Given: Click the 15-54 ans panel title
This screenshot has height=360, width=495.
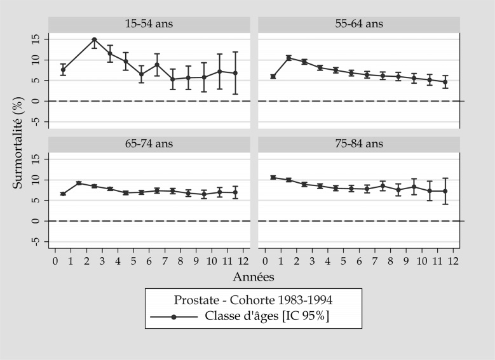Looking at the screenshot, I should click(x=149, y=24).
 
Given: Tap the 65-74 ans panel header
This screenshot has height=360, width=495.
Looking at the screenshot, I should click(x=149, y=144).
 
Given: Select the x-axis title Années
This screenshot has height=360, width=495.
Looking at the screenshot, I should click(x=254, y=277).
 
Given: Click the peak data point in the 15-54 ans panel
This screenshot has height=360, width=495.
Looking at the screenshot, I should click(x=94, y=39).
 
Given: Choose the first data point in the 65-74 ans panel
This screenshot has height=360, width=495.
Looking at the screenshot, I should click(x=63, y=194).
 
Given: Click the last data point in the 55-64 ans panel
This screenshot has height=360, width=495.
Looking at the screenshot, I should click(x=445, y=82).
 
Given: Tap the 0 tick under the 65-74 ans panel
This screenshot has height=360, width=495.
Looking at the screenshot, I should click(x=55, y=260).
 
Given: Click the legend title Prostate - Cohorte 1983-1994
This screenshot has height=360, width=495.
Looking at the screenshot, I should click(x=253, y=298).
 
